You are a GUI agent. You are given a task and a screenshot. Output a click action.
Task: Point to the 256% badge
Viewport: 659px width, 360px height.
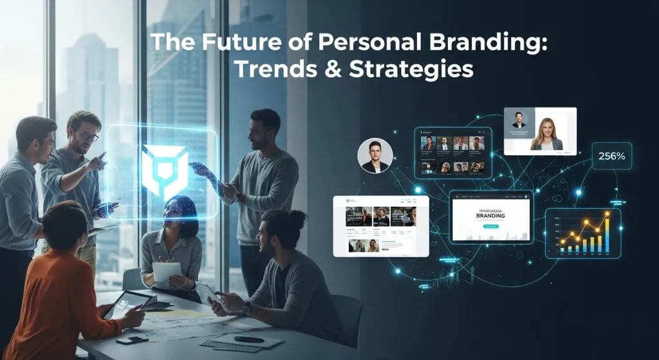(616, 155)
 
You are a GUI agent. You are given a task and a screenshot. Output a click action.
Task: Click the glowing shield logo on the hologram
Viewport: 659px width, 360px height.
(165, 169)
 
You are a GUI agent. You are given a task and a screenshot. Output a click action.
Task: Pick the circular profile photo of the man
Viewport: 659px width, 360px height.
(375, 156)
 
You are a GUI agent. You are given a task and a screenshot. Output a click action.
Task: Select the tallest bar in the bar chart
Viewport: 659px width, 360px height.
(606, 232)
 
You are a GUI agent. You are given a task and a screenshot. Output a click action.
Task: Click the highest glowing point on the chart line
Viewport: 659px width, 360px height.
(606, 214)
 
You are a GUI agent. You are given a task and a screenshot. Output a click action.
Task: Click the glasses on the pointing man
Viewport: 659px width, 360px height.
(89, 136)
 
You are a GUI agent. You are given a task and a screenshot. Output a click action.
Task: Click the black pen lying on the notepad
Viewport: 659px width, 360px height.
(249, 339)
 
